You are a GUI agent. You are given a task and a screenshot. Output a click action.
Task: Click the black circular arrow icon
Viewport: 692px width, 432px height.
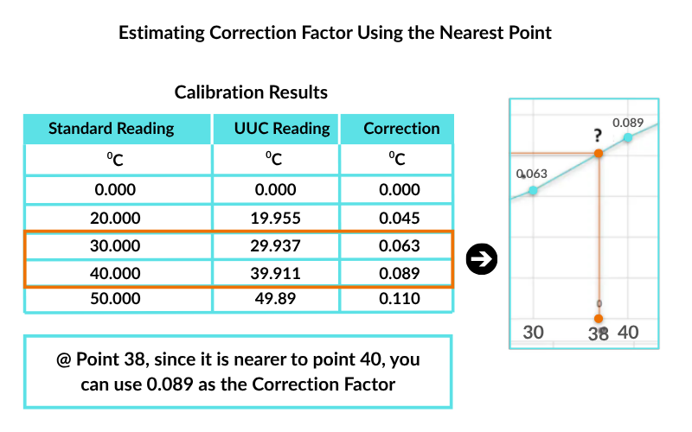(x=480, y=259)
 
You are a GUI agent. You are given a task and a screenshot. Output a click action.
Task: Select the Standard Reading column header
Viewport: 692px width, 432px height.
(x=111, y=129)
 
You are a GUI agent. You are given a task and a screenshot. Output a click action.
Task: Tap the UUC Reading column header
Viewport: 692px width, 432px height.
(x=282, y=129)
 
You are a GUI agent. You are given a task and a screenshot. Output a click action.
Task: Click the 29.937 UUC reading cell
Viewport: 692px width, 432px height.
(x=282, y=246)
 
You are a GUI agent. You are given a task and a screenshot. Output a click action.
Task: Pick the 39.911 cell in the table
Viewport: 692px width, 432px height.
(x=282, y=273)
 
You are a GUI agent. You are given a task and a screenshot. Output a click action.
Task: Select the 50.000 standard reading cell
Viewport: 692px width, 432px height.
(x=112, y=299)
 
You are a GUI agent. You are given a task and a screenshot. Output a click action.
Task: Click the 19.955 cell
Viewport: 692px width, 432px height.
(x=282, y=219)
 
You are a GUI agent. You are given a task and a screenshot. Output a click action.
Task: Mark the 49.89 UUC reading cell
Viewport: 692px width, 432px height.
(x=282, y=299)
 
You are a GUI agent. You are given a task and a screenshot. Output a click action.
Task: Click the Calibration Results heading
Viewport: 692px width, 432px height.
(x=251, y=92)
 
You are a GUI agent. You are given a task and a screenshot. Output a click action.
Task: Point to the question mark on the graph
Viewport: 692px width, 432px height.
(x=597, y=137)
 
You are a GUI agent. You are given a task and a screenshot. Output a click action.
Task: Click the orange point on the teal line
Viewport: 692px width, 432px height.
(x=598, y=154)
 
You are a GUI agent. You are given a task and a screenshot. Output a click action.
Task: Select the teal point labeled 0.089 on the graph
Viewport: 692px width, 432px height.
(x=627, y=137)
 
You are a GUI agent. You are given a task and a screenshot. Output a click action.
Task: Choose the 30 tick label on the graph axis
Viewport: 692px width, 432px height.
(x=534, y=332)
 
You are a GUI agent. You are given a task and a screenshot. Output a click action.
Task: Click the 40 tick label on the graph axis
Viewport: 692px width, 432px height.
(x=629, y=332)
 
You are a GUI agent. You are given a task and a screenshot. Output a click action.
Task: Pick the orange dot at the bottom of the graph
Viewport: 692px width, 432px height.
(x=598, y=318)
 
